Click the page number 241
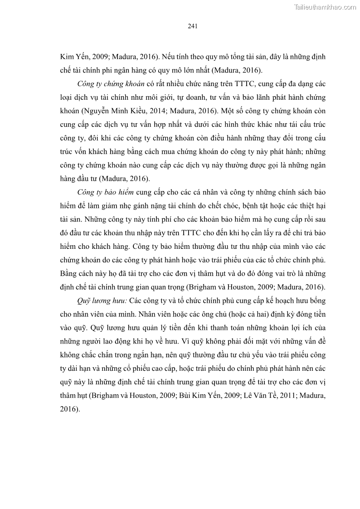pyautogui.click(x=192, y=26)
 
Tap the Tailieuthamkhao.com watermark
pyautogui.click(x=326, y=7)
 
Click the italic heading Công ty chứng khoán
pyautogui.click(x=111, y=84)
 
